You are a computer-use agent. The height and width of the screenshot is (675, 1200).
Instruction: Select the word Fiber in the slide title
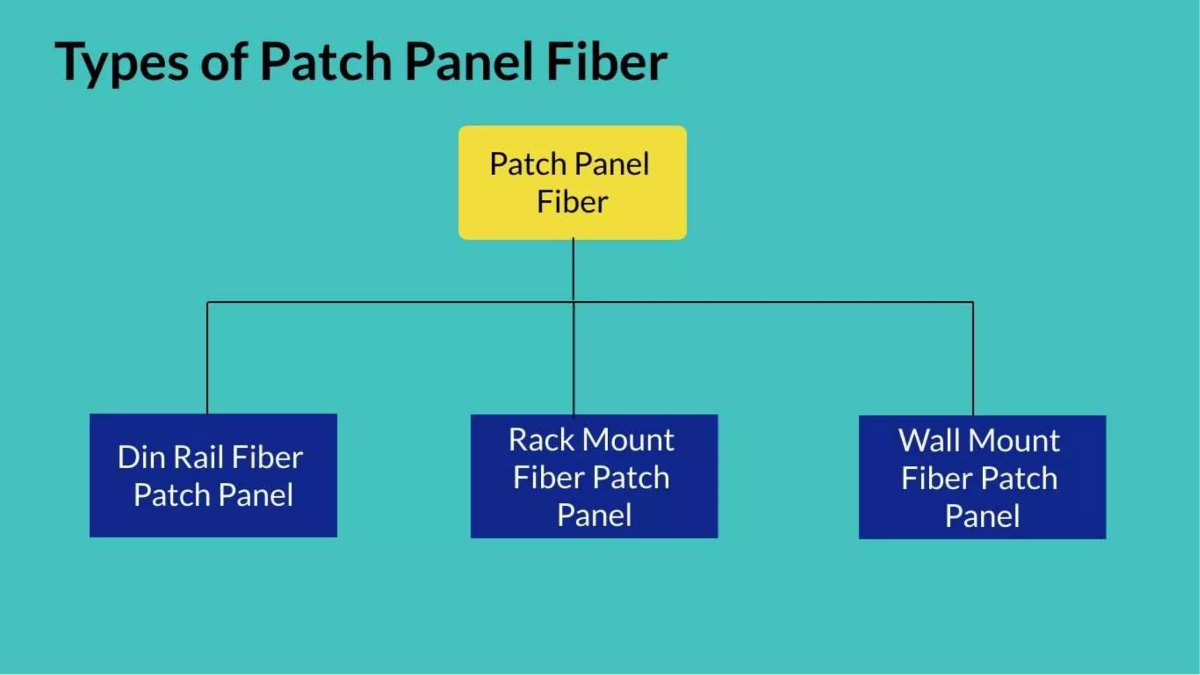(606, 62)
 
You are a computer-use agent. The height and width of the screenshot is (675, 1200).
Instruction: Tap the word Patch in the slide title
(326, 62)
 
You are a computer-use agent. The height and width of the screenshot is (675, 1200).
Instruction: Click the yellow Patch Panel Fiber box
(572, 182)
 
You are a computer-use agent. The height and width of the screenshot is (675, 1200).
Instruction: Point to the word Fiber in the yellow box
(572, 202)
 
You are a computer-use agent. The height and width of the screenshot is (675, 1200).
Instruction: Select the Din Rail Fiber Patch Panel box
(213, 475)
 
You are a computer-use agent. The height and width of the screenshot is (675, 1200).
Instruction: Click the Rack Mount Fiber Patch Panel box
(594, 476)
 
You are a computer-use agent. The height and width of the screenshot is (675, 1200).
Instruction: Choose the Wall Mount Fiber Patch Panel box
(982, 477)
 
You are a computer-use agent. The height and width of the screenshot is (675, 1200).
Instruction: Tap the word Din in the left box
(141, 458)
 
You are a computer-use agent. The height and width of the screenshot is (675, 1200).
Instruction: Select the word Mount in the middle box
(629, 440)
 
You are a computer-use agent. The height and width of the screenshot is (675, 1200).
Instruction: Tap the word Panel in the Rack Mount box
(594, 516)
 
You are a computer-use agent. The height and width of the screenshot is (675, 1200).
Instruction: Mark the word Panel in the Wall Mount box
(982, 517)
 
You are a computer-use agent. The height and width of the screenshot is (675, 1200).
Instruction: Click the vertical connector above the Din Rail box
(207, 357)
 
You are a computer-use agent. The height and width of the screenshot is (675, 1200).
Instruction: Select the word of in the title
(224, 62)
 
